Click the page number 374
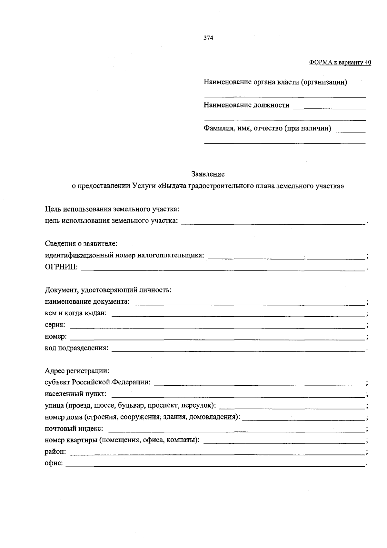208,38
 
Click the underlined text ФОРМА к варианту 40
340,63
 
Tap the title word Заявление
208,174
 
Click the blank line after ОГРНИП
223,268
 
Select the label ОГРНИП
61,267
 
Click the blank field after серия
217,325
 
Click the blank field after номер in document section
217,337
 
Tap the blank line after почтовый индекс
235,429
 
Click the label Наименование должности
246,105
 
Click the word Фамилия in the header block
218,128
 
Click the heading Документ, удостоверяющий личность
108,290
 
